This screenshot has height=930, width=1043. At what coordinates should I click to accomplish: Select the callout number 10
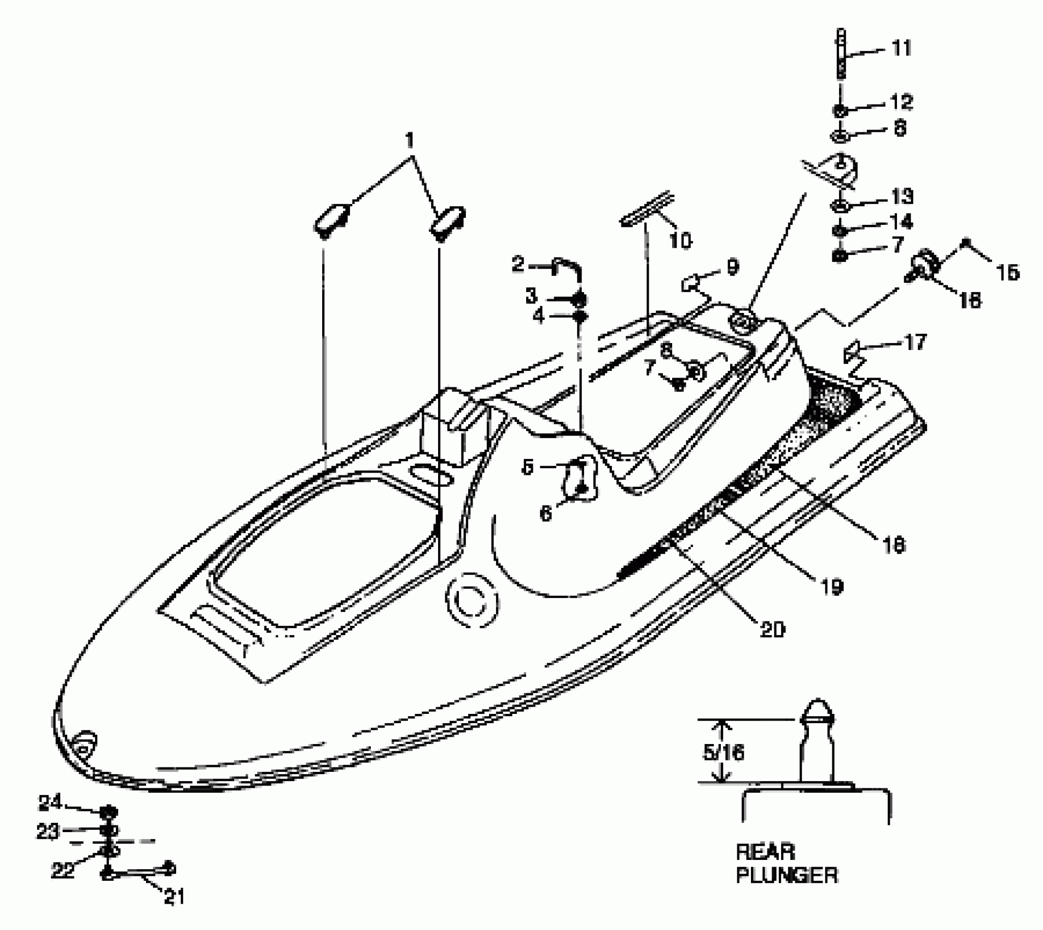pyautogui.click(x=680, y=240)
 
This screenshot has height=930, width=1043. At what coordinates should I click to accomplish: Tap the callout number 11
pyautogui.click(x=901, y=49)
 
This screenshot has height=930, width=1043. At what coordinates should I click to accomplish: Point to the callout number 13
pyautogui.click(x=901, y=196)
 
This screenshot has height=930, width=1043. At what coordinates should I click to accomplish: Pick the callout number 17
pyautogui.click(x=915, y=342)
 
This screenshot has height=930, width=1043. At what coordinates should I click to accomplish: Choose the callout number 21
pyautogui.click(x=174, y=897)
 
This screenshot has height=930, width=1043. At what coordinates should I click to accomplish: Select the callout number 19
pyautogui.click(x=831, y=586)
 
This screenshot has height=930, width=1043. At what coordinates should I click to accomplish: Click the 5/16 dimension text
pyautogui.click(x=724, y=753)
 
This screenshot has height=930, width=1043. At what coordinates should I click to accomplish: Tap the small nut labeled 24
pyautogui.click(x=109, y=811)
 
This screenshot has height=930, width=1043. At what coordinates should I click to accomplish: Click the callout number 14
pyautogui.click(x=901, y=222)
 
